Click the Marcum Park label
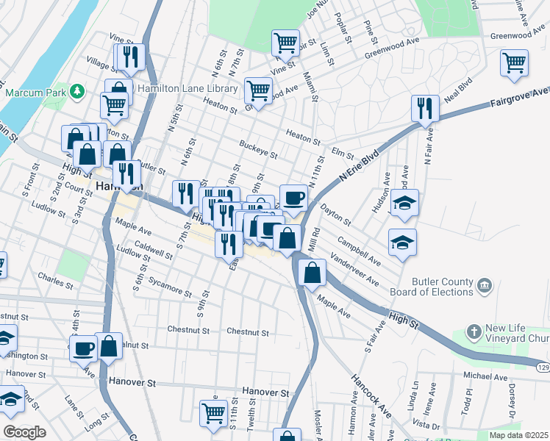tap(35, 93)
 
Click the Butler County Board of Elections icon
tap(485, 284)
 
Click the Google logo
tap(24, 432)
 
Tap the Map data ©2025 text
tap(518, 435)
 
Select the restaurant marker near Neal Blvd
tap(425, 108)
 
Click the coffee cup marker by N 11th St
tap(293, 196)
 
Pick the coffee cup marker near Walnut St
tap(83, 348)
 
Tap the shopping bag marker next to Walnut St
tap(109, 345)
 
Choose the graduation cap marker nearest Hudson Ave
tap(404, 202)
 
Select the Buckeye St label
tap(258, 149)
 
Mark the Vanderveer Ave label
tap(354, 272)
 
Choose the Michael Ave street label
tap(485, 376)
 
